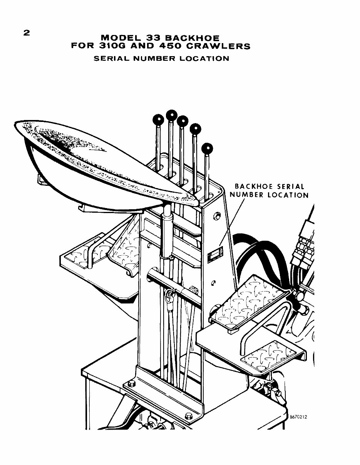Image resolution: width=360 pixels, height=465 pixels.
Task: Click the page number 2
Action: click(x=26, y=33)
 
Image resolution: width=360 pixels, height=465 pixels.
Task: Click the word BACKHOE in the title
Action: click(x=196, y=38)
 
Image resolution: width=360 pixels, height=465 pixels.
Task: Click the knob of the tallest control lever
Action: click(x=171, y=115)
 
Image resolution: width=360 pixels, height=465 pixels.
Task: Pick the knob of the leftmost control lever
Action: click(x=158, y=120)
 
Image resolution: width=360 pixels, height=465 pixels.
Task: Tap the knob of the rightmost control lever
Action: click(x=207, y=148)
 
